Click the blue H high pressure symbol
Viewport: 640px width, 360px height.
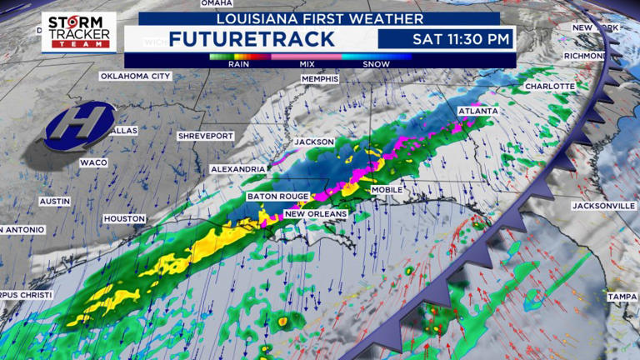[79, 120]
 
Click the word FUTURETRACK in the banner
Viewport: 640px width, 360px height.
[251, 38]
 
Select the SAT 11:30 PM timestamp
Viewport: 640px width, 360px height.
[447, 38]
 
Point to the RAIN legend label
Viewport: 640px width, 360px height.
[240, 63]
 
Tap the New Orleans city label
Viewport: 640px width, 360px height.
[316, 214]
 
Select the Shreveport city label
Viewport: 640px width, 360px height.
[206, 135]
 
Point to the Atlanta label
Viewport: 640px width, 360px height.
[477, 111]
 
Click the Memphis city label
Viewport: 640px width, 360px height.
[320, 79]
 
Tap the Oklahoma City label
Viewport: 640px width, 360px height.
[135, 76]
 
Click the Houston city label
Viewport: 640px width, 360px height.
[124, 218]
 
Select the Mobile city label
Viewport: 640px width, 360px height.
[387, 190]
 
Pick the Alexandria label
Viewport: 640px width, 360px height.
[238, 168]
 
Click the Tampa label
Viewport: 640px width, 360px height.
[622, 297]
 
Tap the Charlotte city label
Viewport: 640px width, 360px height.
[550, 86]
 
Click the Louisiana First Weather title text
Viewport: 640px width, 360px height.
[319, 17]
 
